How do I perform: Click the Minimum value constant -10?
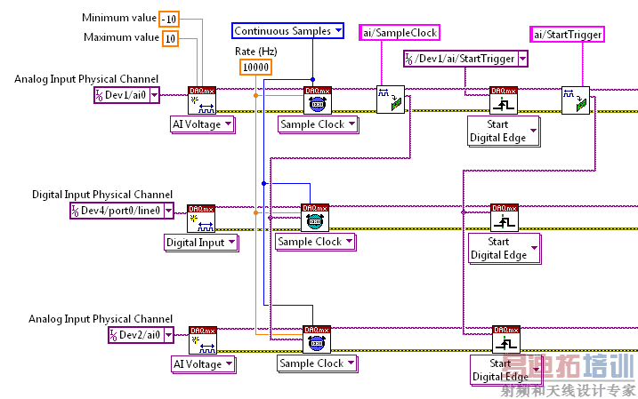point(169,19)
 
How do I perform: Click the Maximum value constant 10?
point(169,38)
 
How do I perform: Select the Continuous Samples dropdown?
point(288,31)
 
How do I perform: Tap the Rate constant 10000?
point(256,68)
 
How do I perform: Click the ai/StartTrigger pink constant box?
point(568,35)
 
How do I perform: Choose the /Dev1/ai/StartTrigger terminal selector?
point(461,60)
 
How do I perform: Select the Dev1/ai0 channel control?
point(127,95)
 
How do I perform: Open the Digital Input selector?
point(201,242)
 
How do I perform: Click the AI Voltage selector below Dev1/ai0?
point(203,124)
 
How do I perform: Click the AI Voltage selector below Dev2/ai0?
point(203,363)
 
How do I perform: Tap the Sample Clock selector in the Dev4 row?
point(315,242)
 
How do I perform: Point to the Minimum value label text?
point(117,18)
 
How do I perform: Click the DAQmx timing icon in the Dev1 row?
point(317,100)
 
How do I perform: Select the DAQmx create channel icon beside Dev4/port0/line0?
point(200,218)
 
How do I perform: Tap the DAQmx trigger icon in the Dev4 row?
point(505,218)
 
